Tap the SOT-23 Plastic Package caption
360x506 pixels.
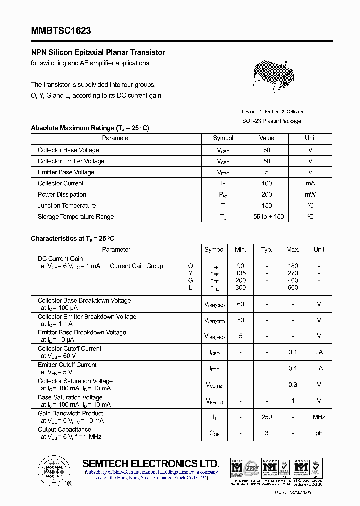[x=272, y=121]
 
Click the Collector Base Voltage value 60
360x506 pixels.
[x=267, y=150]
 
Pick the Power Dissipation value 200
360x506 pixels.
[x=267, y=194]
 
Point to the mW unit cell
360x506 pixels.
[x=310, y=194]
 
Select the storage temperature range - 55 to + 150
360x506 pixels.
[x=267, y=217]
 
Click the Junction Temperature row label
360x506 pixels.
[x=67, y=206]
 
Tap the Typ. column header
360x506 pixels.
[x=267, y=249]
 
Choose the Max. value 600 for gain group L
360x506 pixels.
[x=293, y=287]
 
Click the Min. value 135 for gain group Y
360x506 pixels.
[x=241, y=273]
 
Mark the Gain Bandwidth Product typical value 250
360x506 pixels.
[x=267, y=417]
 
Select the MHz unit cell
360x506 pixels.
[x=319, y=417]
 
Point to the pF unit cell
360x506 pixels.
[x=319, y=433]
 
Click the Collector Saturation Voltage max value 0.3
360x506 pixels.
[x=293, y=385]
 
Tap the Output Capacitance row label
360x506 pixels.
[x=64, y=430]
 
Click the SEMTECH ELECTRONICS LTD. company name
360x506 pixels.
[x=151, y=463]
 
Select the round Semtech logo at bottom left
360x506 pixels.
[x=52, y=469]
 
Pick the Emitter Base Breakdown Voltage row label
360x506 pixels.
[x=82, y=332]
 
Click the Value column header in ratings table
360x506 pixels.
[x=267, y=138]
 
